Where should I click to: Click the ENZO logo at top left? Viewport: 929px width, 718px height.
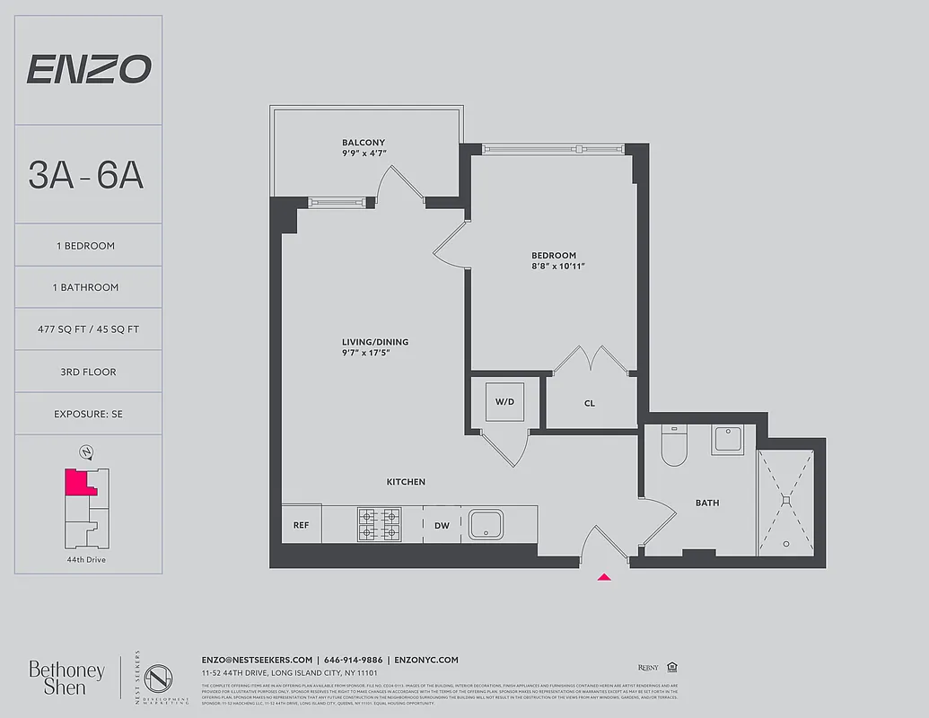coord(88,69)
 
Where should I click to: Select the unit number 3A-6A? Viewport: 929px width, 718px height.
coord(86,174)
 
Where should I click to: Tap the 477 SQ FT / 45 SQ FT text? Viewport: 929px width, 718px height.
coord(88,329)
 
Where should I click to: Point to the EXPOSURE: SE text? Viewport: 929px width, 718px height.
coord(88,414)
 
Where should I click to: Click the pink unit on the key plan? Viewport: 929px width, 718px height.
coord(75,482)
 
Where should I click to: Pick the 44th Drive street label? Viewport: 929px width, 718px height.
coord(87,559)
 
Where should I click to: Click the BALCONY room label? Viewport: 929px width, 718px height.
coord(363,143)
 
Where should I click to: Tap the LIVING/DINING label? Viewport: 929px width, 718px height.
coord(374,342)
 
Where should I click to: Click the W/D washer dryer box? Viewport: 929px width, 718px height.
coord(504,401)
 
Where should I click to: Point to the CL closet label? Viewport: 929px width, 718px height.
coord(590,404)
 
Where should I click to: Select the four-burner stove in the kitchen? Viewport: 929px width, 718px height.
coord(379,525)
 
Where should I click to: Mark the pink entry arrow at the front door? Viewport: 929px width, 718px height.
coord(605,577)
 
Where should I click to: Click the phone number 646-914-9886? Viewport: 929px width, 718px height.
coord(353,660)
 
